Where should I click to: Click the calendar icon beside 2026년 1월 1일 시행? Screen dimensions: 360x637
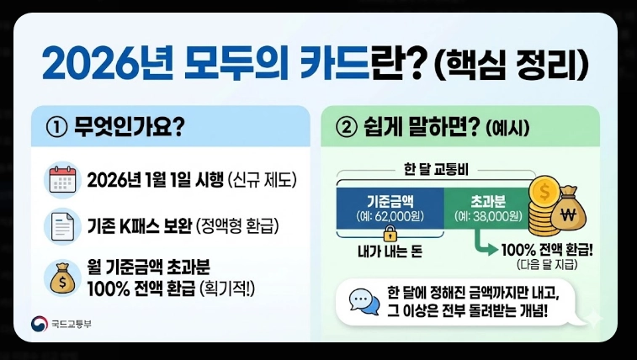(x=62, y=182)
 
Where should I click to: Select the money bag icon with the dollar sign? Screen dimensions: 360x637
(x=62, y=275)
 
